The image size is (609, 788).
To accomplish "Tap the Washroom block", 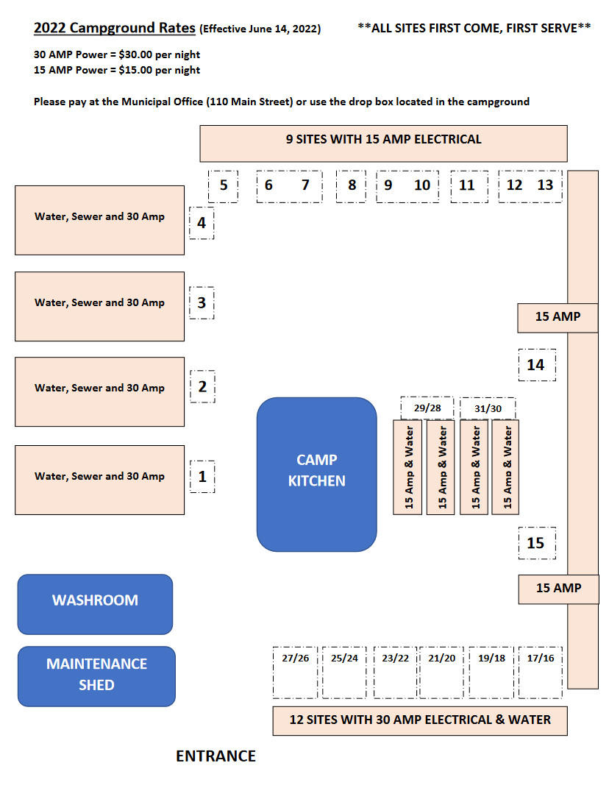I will pos(95,603).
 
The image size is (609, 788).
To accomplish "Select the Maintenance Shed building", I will pos(96,675).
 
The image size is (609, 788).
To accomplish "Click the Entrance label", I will pos(216,756).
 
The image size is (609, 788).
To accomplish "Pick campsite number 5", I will pos(224,185).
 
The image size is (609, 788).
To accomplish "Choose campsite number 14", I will pos(536,364).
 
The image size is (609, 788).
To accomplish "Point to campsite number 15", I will pos(536,543).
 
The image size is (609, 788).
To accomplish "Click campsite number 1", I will pos(202,477).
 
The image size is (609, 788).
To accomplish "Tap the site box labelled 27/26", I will pos(295,672).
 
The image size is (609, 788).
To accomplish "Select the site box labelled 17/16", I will pos(541,672).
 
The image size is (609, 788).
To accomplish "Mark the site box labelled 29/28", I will pos(427,407).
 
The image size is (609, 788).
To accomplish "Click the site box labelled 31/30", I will pos(488,408).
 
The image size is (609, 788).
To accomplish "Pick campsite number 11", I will pos(468,185).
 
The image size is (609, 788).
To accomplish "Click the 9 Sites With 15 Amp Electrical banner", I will pos(383,143).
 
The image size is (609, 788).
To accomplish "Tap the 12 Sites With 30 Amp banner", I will pos(419,720).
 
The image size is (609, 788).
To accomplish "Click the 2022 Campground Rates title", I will pos(115,29).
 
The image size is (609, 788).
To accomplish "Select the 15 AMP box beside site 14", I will pos(558,317).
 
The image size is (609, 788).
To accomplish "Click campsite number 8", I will pos(352,185).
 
